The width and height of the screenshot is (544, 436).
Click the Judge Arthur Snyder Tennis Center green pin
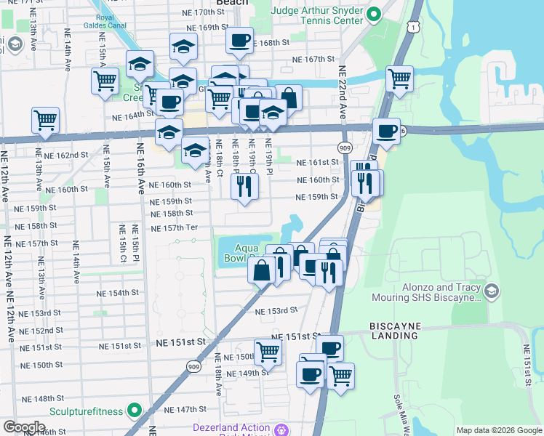point(374,14)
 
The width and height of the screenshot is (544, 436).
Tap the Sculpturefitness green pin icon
point(134,411)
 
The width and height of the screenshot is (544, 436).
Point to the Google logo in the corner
point(24,427)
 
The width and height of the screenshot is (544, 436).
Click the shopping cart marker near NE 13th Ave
point(45,119)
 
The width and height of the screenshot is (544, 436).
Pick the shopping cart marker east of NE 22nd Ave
point(399,78)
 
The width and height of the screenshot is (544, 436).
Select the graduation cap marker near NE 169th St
point(184,47)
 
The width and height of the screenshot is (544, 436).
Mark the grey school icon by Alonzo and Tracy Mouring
point(492,291)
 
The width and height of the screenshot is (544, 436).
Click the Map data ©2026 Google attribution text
point(498,430)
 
